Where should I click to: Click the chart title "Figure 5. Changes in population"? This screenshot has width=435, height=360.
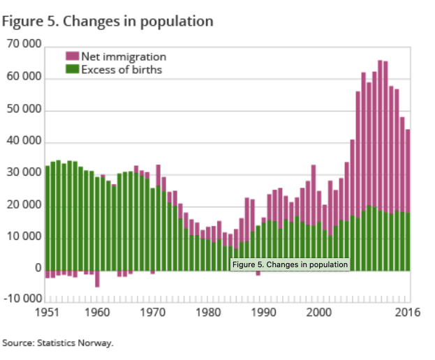[x=108, y=21]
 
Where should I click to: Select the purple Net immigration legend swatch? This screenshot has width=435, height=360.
[x=72, y=56]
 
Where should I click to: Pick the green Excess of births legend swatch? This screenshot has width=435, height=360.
[x=72, y=69]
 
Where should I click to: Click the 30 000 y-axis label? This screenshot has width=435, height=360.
[x=24, y=174]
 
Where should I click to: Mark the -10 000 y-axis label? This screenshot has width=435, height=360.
[x=22, y=300]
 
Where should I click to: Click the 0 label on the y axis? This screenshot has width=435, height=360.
[x=38, y=269]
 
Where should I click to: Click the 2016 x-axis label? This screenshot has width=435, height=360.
[x=406, y=313]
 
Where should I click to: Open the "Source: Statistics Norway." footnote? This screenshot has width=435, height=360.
[x=57, y=343]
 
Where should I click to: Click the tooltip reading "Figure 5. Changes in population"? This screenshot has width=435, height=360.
[x=290, y=264]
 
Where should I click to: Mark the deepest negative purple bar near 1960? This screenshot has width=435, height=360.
[x=98, y=278]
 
